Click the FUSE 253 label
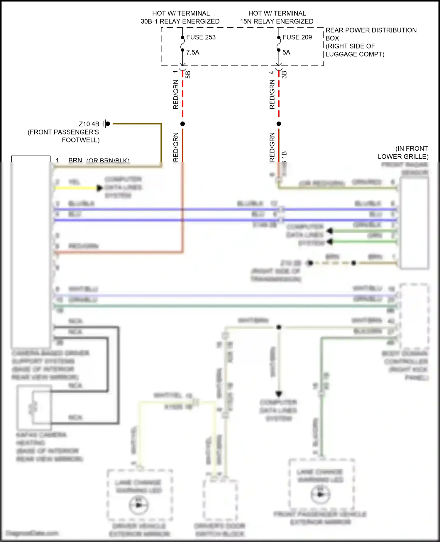click(x=201, y=37)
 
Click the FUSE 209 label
click(x=297, y=37)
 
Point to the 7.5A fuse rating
click(x=192, y=52)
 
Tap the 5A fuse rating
click(x=286, y=52)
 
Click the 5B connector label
click(x=188, y=75)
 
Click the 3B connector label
click(x=284, y=75)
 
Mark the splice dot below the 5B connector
click(x=182, y=124)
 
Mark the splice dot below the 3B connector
click(x=279, y=124)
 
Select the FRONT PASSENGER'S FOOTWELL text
click(x=64, y=136)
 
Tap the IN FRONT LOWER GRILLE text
click(x=403, y=152)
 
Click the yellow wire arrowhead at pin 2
click(x=99, y=188)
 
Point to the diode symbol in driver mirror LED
click(x=139, y=505)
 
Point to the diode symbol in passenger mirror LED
click(x=320, y=494)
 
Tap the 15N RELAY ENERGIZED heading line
click(x=277, y=21)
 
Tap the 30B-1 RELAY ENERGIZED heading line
click(x=180, y=21)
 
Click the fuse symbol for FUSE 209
click(x=279, y=44)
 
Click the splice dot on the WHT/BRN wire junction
click(x=279, y=327)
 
